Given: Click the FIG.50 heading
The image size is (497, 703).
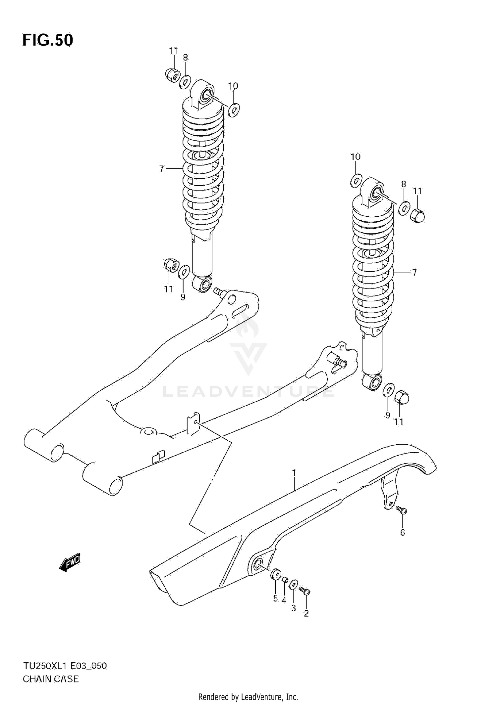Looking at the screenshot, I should click(48, 40).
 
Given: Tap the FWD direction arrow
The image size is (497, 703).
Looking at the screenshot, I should click(70, 563).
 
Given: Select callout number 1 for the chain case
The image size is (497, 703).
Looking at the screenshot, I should click(294, 474).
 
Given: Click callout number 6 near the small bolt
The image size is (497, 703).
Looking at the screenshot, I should click(403, 533).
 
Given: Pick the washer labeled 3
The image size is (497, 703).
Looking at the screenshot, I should click(294, 585).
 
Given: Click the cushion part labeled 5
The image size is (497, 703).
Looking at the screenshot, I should click(275, 575).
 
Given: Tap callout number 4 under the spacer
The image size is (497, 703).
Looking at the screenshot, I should click(284, 600).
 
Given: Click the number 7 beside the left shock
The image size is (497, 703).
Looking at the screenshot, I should click(161, 169).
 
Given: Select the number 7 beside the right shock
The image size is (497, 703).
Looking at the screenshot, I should click(414, 273).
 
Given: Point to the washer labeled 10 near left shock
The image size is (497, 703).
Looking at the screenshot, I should click(234, 109).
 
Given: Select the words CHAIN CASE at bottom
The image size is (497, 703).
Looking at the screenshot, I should click(51, 679).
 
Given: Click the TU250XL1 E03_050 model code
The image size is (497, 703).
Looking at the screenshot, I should click(65, 666).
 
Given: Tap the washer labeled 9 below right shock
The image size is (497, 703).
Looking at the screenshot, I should click(388, 390).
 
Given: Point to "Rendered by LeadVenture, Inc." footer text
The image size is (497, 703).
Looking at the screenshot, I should click(248, 697).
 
